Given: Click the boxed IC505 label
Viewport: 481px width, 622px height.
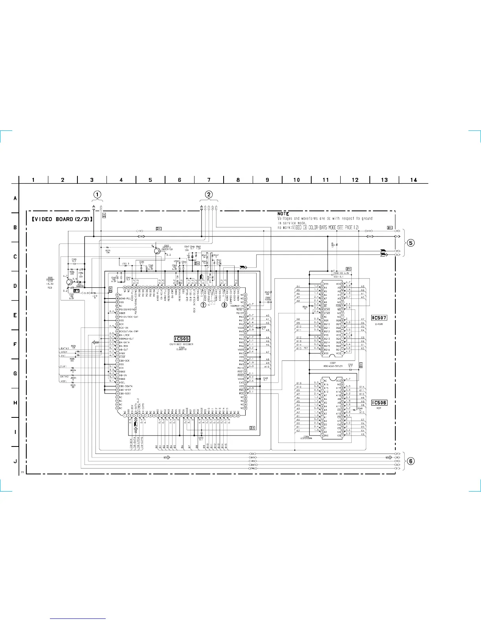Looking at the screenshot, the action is click(182, 339).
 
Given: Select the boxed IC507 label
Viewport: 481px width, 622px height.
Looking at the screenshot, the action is click(379, 318).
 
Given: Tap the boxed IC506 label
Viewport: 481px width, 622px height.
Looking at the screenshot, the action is click(379, 402).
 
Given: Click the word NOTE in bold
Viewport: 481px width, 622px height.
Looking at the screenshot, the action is click(283, 214).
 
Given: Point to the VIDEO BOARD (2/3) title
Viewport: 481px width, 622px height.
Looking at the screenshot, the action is click(62, 219).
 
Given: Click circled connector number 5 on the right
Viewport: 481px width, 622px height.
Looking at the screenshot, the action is click(411, 243).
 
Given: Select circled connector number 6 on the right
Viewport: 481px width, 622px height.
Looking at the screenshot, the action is click(411, 461).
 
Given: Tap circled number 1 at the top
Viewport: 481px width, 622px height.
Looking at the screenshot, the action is click(97, 194).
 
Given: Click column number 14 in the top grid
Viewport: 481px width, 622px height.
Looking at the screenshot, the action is click(413, 180).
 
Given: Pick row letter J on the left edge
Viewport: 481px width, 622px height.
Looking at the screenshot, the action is click(15, 461).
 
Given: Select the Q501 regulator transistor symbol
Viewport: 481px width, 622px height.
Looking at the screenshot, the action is click(70, 282).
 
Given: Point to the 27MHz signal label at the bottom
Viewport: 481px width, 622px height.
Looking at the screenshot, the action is click(253, 468).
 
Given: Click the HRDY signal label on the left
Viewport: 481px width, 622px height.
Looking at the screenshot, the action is click(64, 352).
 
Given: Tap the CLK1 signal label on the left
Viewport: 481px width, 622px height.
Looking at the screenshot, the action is click(63, 367).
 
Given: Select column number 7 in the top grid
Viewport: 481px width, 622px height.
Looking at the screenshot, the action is click(209, 180).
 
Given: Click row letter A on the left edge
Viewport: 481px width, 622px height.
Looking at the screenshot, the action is click(15, 198).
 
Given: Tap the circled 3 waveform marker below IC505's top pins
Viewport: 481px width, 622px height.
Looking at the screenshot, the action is click(224, 305).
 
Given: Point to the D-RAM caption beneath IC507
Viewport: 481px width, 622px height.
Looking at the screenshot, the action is click(379, 324).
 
